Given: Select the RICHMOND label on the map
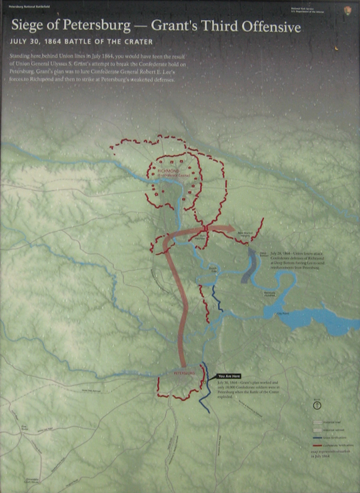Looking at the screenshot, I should pyautogui.click(x=168, y=171).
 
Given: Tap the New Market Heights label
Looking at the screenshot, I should pyautogui.click(x=245, y=235).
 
